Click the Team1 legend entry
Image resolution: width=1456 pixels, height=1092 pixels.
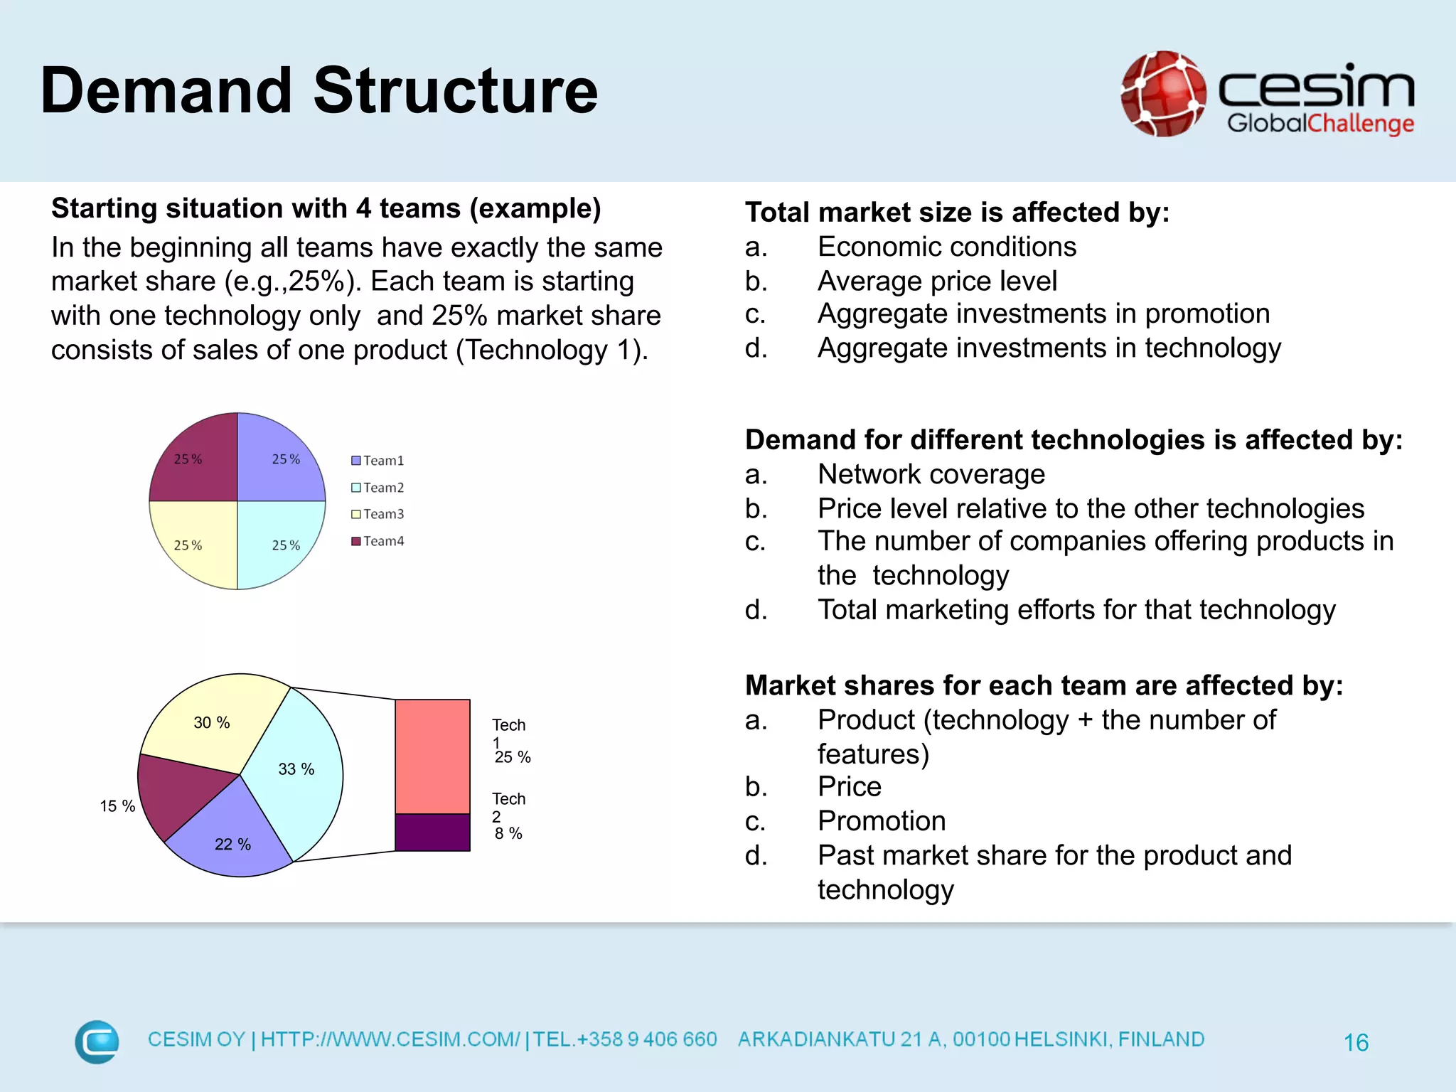pos(378,461)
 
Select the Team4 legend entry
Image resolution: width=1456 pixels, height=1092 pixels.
pos(378,541)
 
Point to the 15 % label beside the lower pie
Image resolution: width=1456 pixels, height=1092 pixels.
pos(117,806)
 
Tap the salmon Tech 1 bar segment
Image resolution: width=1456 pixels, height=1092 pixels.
pos(432,756)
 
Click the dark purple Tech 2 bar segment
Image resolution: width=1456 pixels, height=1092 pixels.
pos(432,833)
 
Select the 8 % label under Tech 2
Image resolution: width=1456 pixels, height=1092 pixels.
pos(508,833)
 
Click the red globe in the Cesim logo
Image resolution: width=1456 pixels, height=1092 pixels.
pos(1163,93)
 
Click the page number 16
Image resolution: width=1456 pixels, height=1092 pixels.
pos(1356,1042)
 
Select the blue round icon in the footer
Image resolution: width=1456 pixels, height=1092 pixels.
pos(97,1042)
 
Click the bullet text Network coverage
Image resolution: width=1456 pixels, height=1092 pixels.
pos(931,474)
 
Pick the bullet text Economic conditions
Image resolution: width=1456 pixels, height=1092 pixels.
pos(946,247)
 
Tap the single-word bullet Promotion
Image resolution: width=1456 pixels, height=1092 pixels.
pos(882,821)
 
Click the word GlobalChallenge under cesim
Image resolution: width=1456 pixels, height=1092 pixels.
pos(1320,123)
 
